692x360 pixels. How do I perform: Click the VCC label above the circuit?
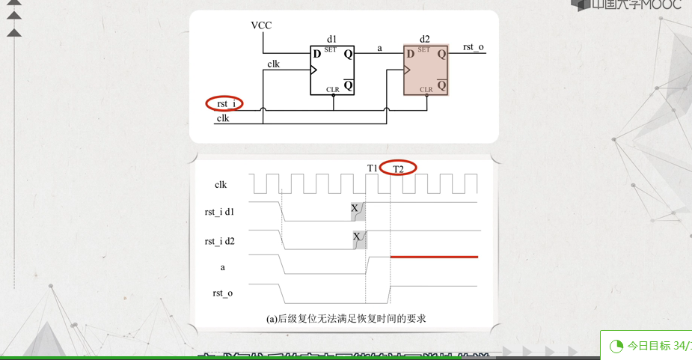click(261, 25)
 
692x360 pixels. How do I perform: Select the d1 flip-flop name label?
click(332, 38)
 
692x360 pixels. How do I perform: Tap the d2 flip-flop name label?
click(425, 38)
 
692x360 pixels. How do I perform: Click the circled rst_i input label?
click(226, 103)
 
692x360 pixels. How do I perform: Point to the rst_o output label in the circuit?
click(473, 47)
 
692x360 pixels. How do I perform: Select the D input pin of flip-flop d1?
click(317, 54)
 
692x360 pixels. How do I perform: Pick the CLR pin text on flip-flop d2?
click(426, 90)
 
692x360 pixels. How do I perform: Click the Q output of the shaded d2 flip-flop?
click(441, 54)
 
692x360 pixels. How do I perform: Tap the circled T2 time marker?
click(398, 168)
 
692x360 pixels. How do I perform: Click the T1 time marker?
click(372, 168)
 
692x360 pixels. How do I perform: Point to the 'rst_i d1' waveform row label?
click(220, 212)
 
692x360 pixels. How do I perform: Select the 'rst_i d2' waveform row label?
click(220, 241)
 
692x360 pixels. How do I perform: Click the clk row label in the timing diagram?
click(220, 184)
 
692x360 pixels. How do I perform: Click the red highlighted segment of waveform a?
click(434, 257)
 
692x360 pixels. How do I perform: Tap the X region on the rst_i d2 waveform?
click(358, 239)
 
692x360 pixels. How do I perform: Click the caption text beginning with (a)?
click(346, 319)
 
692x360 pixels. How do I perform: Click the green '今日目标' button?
click(649, 345)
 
